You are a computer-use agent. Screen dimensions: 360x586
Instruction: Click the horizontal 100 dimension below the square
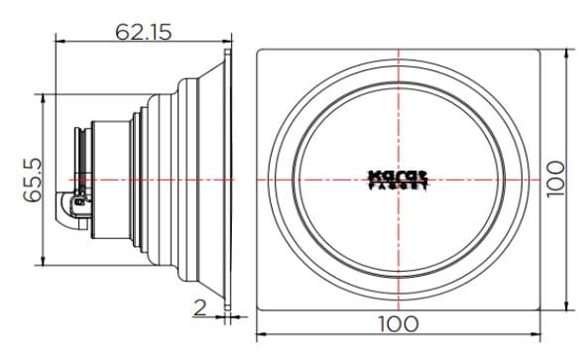click(398, 323)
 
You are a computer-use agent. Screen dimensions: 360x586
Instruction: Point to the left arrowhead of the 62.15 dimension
click(58, 42)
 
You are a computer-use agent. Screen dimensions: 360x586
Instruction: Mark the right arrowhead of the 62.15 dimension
click(227, 42)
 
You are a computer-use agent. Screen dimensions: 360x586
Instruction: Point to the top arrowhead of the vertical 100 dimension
click(568, 48)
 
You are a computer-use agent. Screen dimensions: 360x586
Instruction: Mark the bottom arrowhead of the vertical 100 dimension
click(568, 306)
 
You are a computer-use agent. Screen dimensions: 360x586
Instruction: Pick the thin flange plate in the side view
click(230, 179)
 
